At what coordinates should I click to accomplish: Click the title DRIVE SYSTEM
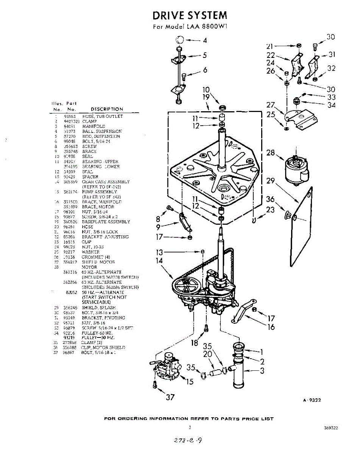[x=190, y=15]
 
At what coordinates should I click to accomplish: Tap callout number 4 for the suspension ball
[x=205, y=40]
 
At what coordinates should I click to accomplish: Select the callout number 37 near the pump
[x=171, y=397]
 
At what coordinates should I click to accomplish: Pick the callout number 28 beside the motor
[x=270, y=153]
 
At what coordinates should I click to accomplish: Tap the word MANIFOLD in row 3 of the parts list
[x=94, y=126]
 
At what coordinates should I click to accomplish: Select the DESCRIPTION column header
[x=107, y=109]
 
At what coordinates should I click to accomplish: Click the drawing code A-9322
[x=312, y=401]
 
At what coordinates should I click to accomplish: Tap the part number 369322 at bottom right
[x=331, y=428]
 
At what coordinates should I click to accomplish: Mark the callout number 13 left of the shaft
[x=159, y=252]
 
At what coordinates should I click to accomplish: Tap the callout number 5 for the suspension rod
[x=204, y=55]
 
